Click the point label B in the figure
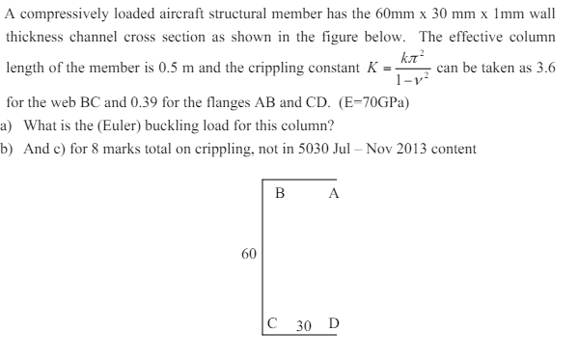pos(280,191)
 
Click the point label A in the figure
pos(333,191)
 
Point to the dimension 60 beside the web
pos(248,254)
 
